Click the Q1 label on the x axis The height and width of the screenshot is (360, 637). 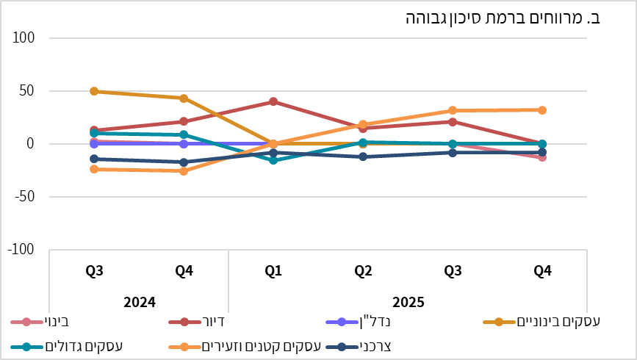point(273,272)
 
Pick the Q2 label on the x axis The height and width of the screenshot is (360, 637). point(363,272)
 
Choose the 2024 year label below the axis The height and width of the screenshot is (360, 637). point(139,301)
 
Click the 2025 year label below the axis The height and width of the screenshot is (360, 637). point(408,301)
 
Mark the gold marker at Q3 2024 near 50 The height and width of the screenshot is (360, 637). point(94,91)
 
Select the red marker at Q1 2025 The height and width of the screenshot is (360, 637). point(273,101)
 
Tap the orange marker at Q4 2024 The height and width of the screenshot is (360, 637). point(184,171)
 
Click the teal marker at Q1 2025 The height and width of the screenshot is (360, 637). point(273,160)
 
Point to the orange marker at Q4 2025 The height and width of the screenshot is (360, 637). point(542,110)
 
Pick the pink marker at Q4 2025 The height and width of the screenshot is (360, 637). point(542,157)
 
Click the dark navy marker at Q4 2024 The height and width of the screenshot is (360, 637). point(184,162)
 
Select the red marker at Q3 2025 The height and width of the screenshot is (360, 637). point(453,122)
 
